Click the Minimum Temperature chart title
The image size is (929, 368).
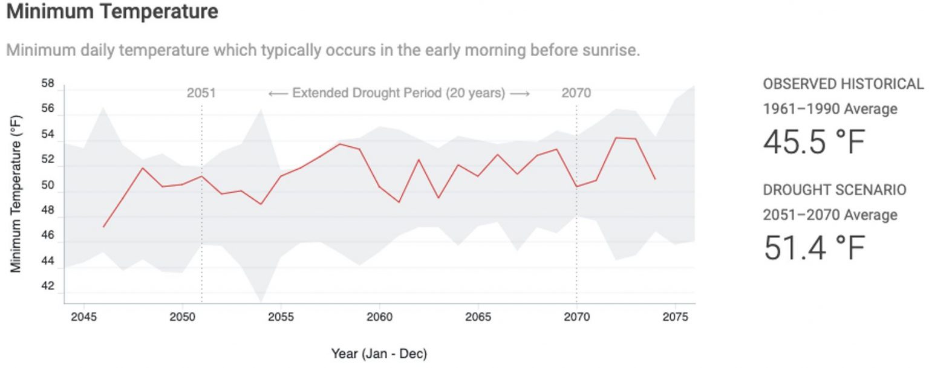coord(112,11)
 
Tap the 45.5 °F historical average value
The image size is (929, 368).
coord(814,143)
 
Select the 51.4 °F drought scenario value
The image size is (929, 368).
coord(814,248)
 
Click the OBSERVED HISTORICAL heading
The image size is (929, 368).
coord(843,84)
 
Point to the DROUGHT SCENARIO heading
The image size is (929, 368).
coord(834,190)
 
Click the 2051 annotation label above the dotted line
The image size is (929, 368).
coord(201,93)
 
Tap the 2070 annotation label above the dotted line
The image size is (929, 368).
coord(576,93)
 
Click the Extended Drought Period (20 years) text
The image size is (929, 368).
coord(399,93)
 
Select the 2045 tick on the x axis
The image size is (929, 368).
coord(83,317)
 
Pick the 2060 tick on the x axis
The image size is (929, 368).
coord(379,317)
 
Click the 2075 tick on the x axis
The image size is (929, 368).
coord(675,317)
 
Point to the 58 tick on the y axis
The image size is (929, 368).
coord(48,83)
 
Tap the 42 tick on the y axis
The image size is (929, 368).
coord(48,286)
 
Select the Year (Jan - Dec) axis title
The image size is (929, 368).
coord(379,353)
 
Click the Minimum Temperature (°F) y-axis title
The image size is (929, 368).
coord(16,193)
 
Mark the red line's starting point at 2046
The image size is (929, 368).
coord(103,227)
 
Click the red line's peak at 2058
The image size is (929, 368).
coord(340,144)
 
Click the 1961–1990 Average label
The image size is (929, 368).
coord(830,109)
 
